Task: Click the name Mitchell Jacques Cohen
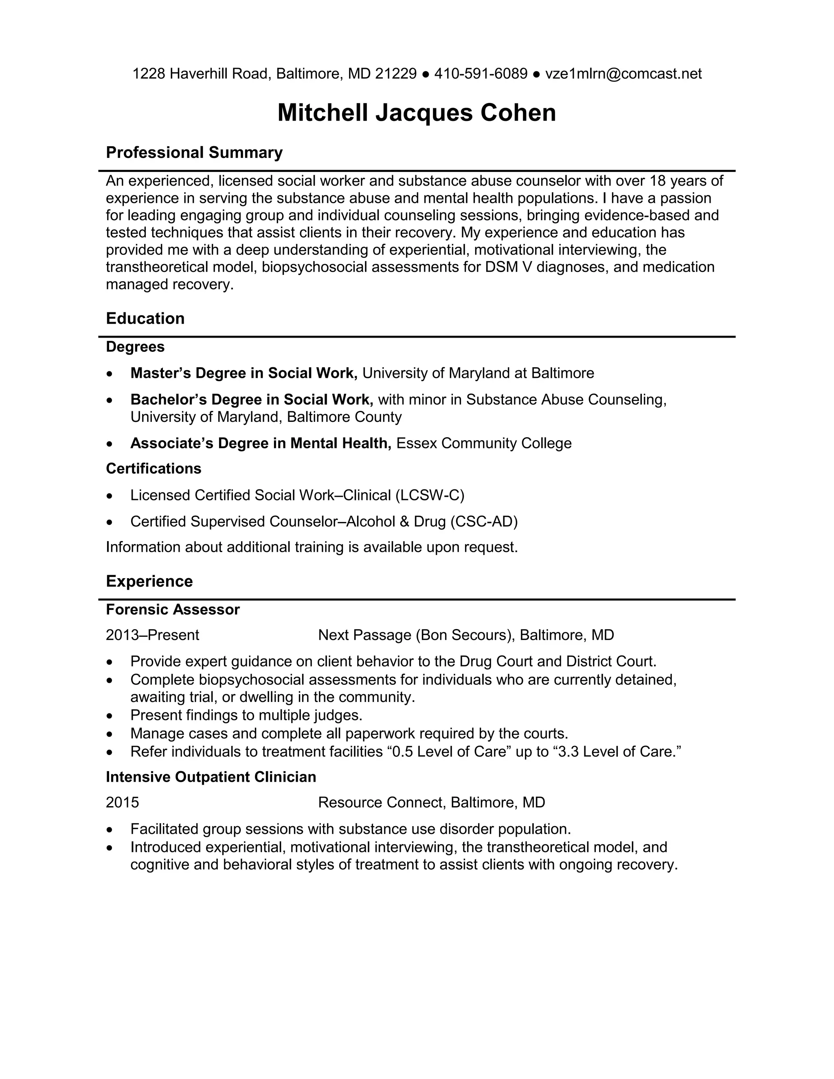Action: click(417, 113)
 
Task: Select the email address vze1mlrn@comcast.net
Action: click(623, 74)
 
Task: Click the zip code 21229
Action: click(396, 74)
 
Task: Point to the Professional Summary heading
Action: click(194, 152)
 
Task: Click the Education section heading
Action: click(145, 318)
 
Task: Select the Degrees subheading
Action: click(135, 347)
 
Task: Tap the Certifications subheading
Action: click(154, 468)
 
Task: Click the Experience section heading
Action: click(149, 581)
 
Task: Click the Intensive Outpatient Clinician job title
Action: click(211, 777)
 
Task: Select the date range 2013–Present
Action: click(152, 635)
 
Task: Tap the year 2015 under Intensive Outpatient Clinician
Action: click(123, 803)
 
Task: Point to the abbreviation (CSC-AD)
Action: click(484, 521)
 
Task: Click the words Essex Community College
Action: click(484, 443)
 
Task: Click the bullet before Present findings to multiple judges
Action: click(110, 716)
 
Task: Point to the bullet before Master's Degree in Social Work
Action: click(110, 374)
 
